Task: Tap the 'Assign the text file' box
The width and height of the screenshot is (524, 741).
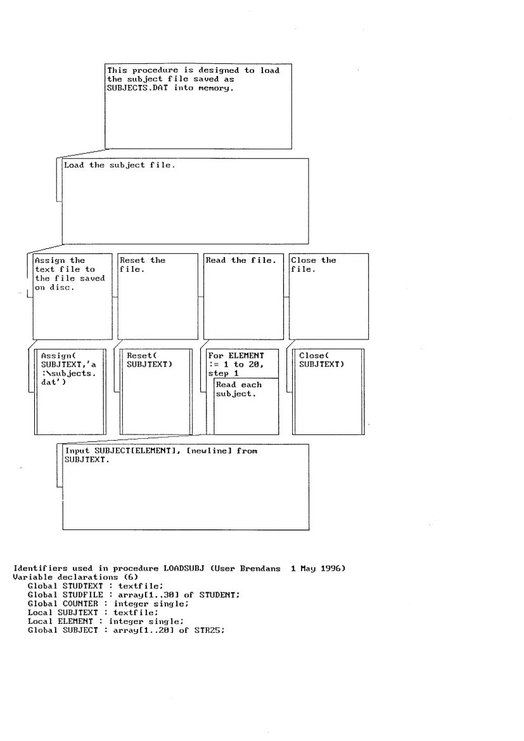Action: click(x=69, y=274)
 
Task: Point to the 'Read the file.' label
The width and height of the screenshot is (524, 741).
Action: click(x=241, y=260)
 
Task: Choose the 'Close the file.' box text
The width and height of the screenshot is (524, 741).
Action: click(x=313, y=265)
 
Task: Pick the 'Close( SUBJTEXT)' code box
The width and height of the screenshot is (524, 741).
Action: click(x=321, y=360)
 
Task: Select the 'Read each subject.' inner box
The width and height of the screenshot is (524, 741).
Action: click(x=239, y=389)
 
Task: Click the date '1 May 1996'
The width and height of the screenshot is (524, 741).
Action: click(x=317, y=569)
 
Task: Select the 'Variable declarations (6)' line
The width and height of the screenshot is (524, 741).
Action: click(x=75, y=577)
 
